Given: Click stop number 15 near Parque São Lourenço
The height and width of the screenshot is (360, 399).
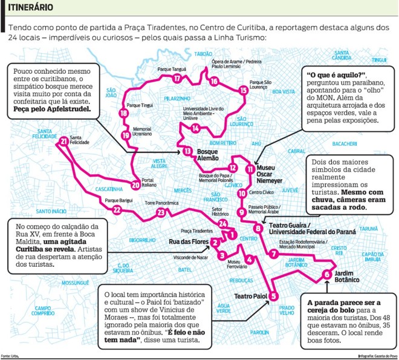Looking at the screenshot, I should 243,90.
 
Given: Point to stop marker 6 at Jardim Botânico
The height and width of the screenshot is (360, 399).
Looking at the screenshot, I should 327,274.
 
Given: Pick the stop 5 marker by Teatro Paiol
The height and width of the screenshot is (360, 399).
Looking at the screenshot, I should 273,296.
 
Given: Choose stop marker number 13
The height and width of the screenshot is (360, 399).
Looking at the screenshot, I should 188,151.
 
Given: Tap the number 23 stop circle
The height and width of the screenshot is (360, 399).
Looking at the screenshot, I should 161,212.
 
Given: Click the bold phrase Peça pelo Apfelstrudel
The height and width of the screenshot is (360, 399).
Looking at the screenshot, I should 54,111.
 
